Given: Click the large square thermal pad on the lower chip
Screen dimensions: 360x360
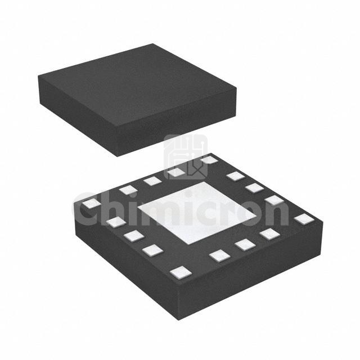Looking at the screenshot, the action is point(196,213).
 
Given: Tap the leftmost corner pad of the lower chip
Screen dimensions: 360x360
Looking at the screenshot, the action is point(91,204).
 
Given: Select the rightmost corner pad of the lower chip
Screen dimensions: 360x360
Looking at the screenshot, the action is point(304,219).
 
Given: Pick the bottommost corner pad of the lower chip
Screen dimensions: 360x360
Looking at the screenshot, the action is point(181,271).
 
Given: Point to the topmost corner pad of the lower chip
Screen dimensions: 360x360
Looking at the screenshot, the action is point(209,159).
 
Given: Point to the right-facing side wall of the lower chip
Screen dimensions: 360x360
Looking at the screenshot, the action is point(251,272).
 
